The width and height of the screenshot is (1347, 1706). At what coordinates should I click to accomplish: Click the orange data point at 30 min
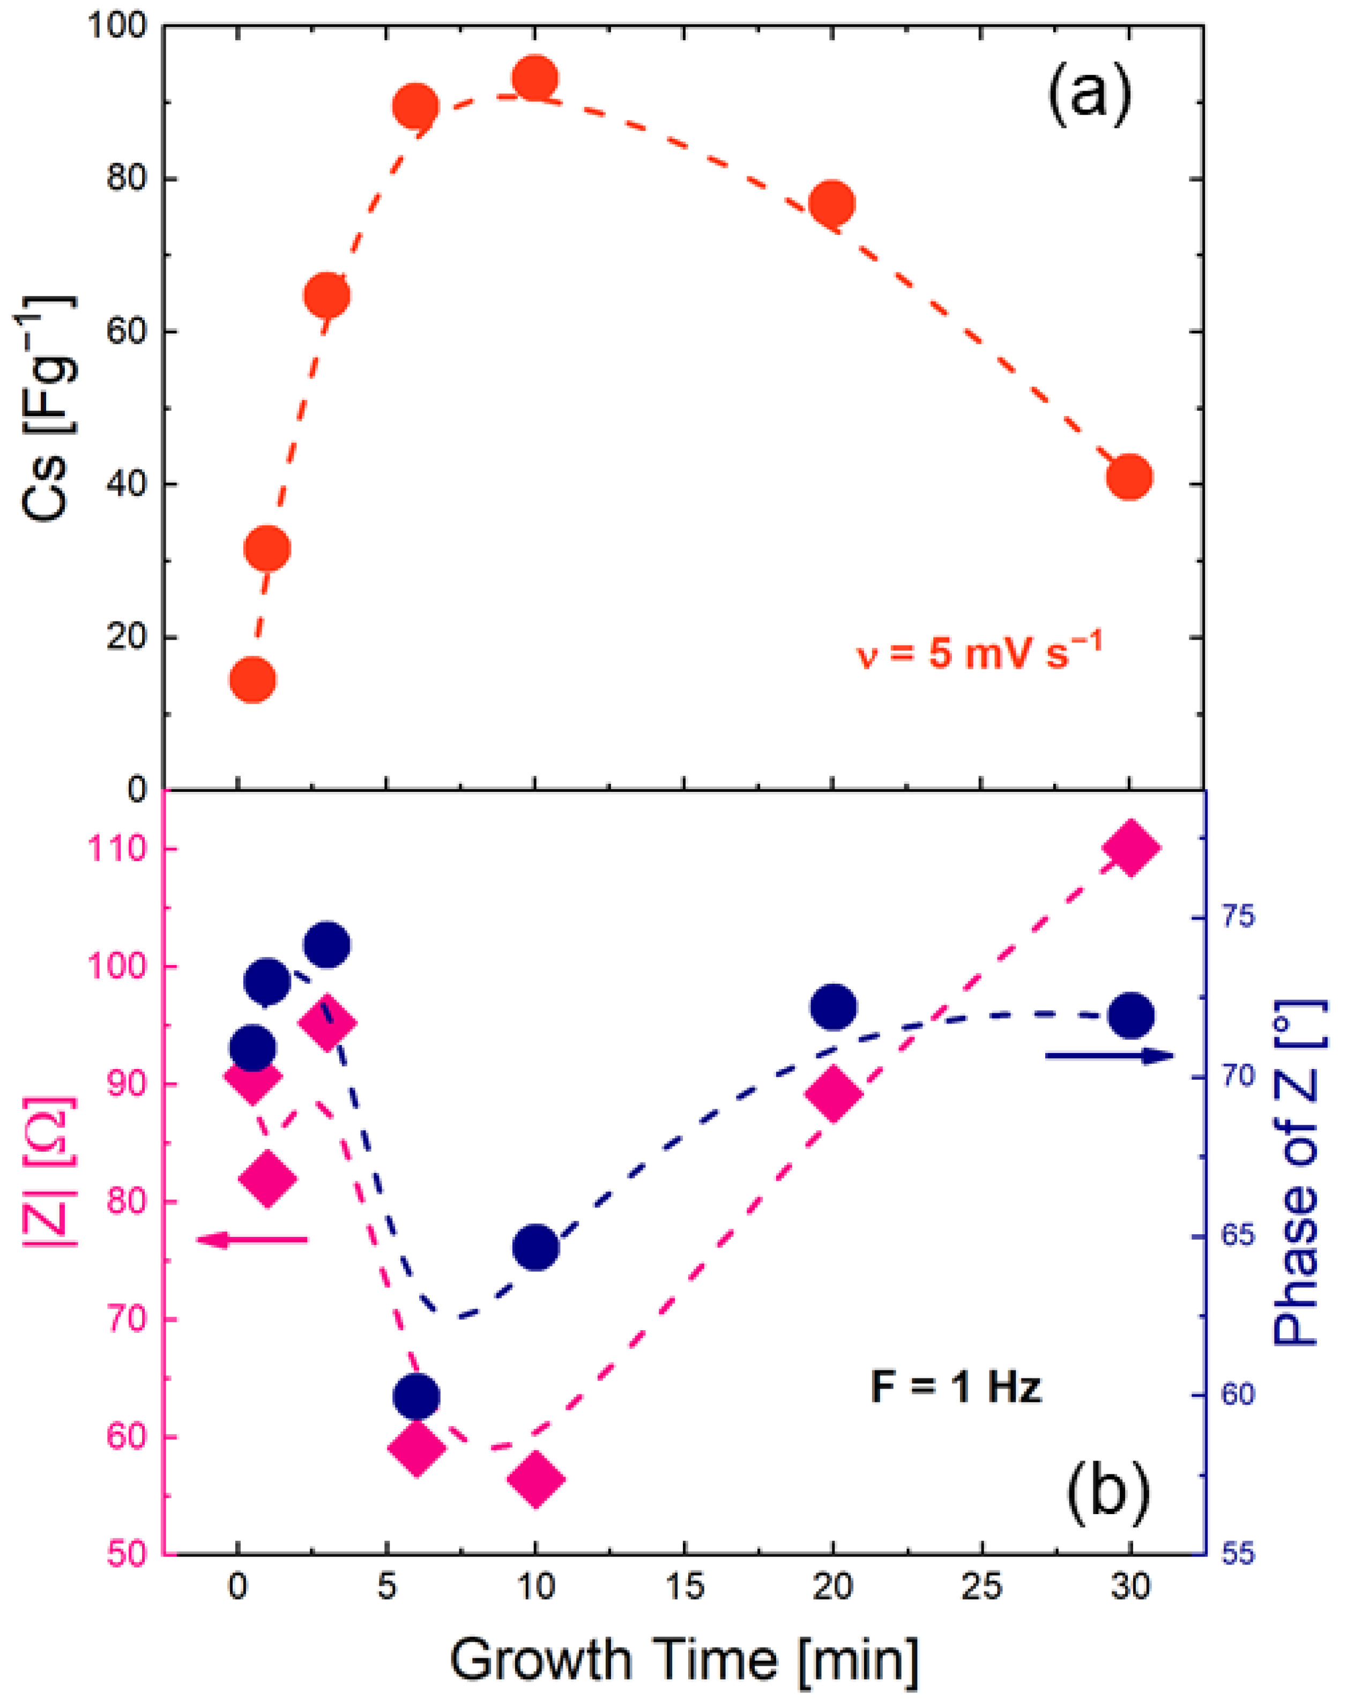pos(1129,477)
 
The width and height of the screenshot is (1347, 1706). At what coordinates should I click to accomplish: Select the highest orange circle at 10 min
pos(535,78)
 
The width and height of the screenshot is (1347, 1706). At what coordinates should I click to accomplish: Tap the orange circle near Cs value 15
pos(252,680)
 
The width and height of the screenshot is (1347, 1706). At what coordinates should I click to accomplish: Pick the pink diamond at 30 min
pos(1130,847)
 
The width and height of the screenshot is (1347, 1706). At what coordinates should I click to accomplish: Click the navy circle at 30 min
pos(1130,1017)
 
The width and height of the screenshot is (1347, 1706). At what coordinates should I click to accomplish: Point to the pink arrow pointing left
pos(251,1241)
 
